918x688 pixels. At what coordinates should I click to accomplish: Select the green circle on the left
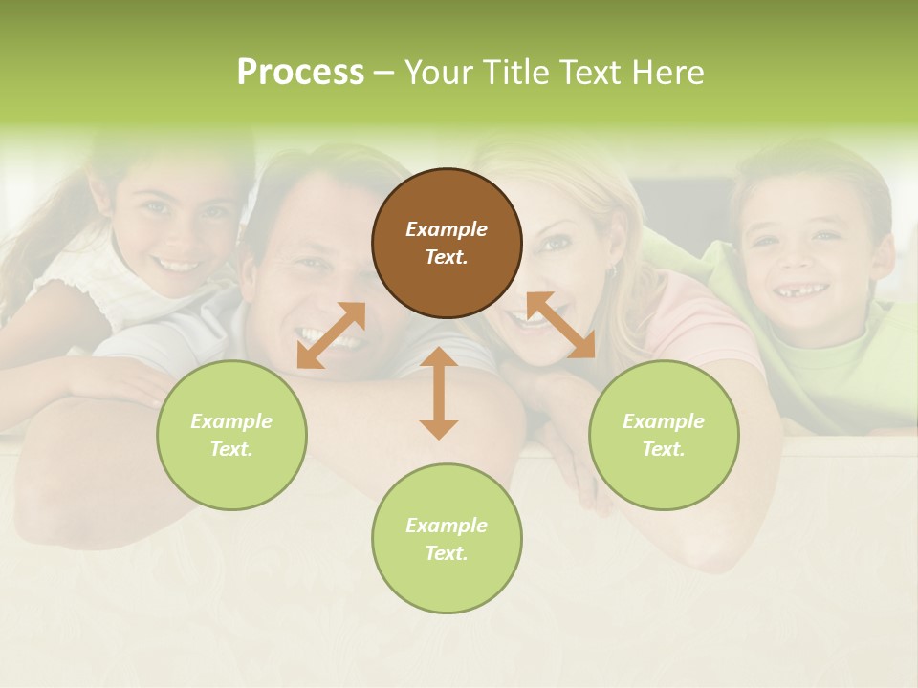pyautogui.click(x=231, y=435)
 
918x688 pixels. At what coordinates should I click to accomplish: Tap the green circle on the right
pyautogui.click(x=664, y=435)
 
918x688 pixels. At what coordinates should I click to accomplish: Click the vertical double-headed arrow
pyautogui.click(x=439, y=393)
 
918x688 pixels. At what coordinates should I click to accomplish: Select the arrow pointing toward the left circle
pyautogui.click(x=331, y=335)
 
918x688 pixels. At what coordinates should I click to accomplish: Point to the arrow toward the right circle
pyautogui.click(x=561, y=325)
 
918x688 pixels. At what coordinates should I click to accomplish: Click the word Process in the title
pyautogui.click(x=300, y=73)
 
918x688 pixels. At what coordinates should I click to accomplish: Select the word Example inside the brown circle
pyautogui.click(x=447, y=229)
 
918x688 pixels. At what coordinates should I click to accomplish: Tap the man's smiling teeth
pyautogui.click(x=320, y=336)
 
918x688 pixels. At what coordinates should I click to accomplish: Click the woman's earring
pyautogui.click(x=612, y=272)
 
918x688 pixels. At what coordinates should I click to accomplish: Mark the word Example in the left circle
pyautogui.click(x=231, y=421)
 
